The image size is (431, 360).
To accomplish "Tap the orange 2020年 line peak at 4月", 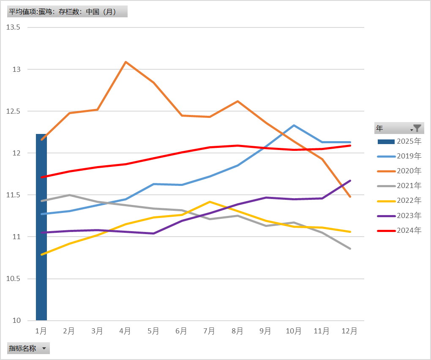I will click(125, 62).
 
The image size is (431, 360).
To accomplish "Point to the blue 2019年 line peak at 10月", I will click(294, 125).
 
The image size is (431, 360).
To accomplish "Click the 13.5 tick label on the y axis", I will click(14, 27).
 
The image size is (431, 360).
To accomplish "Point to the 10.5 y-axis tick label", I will click(14, 279).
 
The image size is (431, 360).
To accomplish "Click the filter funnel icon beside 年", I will click(417, 128).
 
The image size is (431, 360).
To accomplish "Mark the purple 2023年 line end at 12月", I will click(350, 181).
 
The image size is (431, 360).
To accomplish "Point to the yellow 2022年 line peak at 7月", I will click(210, 202).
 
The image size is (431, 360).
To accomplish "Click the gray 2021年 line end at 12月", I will click(350, 248).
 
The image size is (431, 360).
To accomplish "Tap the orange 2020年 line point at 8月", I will click(237, 101).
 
